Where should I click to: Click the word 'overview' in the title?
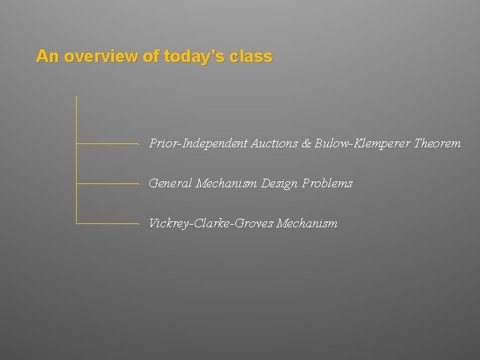click(101, 57)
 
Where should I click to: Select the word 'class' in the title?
click(251, 57)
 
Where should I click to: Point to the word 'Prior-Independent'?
click(199, 143)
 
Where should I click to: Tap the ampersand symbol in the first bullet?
click(307, 143)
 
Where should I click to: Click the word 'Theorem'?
click(437, 143)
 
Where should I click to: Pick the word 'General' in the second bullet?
click(171, 183)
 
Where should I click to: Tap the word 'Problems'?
click(327, 183)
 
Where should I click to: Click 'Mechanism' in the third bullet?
click(307, 223)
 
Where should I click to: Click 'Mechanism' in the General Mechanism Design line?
click(227, 183)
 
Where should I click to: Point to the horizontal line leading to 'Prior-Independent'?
click(107, 143)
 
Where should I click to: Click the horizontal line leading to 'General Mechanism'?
click(107, 183)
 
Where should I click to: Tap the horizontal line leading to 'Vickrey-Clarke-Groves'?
click(107, 223)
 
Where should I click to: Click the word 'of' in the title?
click(151, 57)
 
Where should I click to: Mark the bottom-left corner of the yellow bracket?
click(77, 223)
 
